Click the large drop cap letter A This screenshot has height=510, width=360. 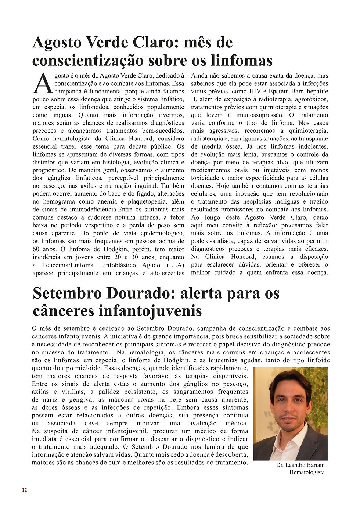(43, 84)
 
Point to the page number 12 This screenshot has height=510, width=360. (24, 490)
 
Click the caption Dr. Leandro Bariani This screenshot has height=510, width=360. (300, 465)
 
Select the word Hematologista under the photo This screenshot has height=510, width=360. (307, 472)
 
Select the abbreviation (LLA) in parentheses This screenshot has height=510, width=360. (176, 265)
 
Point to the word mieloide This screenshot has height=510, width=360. (88, 368)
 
